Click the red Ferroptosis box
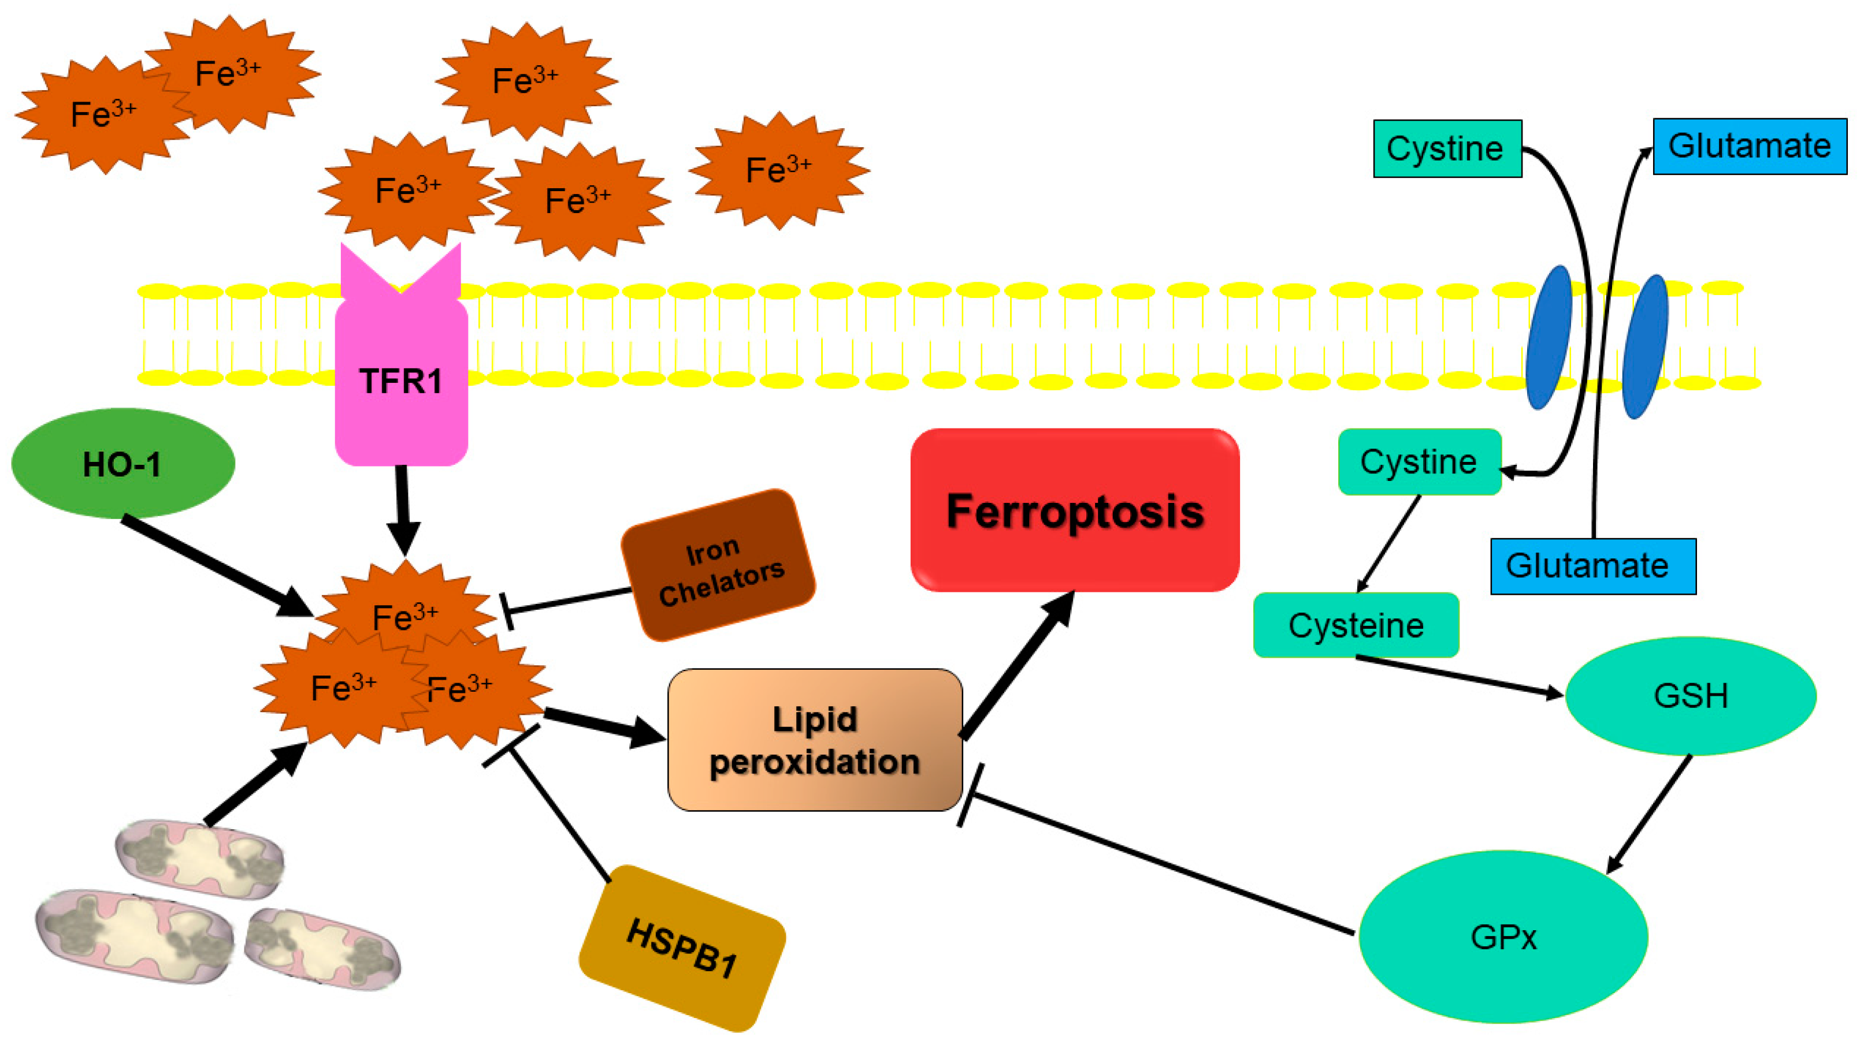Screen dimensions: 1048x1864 [1075, 510]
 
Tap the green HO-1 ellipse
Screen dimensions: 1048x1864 [123, 463]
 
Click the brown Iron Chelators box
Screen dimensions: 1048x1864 [719, 566]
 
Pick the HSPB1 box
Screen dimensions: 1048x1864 [682, 948]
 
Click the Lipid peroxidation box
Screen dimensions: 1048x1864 [815, 739]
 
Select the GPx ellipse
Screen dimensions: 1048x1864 [1503, 937]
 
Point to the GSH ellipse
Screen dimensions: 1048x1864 [1690, 696]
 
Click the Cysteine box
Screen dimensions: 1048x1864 [1356, 625]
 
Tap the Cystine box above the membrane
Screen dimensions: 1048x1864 [1447, 148]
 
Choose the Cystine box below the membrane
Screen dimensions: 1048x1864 [1419, 461]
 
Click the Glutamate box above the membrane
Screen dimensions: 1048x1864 [1749, 146]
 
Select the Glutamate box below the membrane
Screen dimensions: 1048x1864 [1592, 566]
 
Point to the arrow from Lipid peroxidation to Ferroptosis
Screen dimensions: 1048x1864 [1017, 665]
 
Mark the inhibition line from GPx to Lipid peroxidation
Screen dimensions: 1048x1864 [1158, 864]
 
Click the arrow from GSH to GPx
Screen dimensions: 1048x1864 [1650, 814]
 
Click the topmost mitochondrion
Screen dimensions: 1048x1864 [199, 857]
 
